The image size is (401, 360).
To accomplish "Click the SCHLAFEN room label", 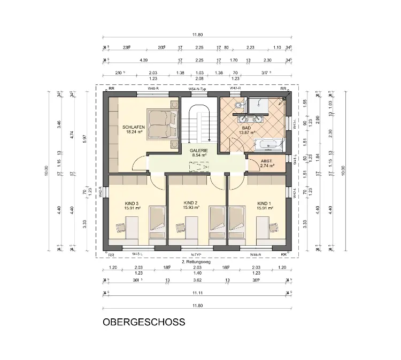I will (x=134, y=127).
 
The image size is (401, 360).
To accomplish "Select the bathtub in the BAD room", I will (x=267, y=144).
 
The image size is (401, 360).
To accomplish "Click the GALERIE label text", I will (x=198, y=151).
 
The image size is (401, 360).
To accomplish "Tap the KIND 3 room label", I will (x=131, y=203).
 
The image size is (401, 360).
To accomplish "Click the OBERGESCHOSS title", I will (x=144, y=322).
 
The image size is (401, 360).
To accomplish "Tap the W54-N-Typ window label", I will (x=198, y=88).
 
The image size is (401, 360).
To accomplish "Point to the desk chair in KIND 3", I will (x=120, y=228).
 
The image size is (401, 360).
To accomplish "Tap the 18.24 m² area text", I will (x=134, y=132).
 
